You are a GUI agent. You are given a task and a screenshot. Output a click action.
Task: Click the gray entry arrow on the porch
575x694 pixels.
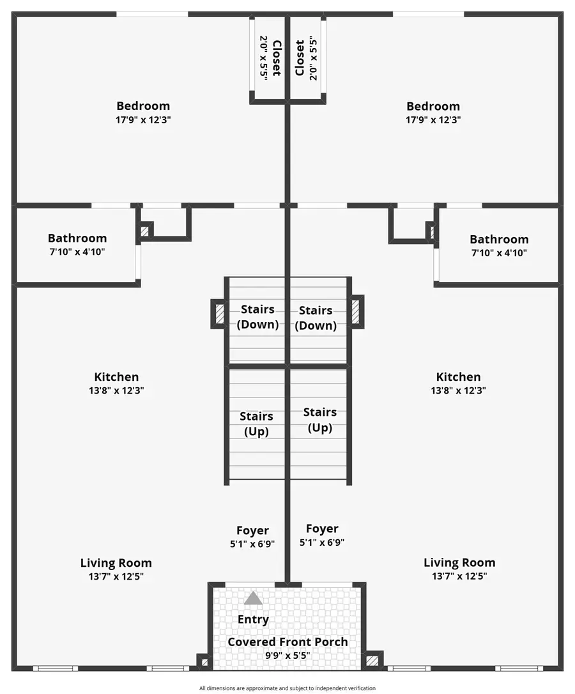(x=253, y=598)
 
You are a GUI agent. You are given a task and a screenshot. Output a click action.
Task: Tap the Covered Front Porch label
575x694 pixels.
(x=287, y=642)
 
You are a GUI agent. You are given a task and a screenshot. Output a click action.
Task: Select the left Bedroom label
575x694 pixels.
(x=143, y=106)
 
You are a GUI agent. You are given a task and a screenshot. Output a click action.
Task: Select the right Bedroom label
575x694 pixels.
(x=433, y=106)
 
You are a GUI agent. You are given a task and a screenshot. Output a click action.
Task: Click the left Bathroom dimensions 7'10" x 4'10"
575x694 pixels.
(x=77, y=252)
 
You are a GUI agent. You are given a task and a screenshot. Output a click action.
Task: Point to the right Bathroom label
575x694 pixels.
(x=499, y=239)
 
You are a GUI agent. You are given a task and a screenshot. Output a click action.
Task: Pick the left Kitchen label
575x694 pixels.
(x=116, y=377)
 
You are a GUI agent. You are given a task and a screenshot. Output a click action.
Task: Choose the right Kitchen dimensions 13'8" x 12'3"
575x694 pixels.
(x=458, y=390)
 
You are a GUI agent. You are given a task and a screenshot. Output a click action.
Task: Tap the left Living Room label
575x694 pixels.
(x=116, y=563)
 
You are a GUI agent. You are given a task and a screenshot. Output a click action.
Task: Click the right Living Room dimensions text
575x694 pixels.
(x=459, y=576)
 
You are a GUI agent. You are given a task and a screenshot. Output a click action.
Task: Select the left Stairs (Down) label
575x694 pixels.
(x=257, y=317)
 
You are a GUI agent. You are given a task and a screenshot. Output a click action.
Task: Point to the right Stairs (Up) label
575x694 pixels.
(x=320, y=420)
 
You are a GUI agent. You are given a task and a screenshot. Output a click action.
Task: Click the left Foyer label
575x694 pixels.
(x=252, y=530)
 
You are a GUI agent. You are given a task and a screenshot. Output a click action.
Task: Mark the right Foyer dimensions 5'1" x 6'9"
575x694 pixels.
(x=322, y=543)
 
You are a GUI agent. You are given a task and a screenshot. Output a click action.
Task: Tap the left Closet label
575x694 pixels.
(x=276, y=58)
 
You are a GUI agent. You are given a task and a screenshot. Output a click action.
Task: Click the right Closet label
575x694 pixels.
(x=299, y=58)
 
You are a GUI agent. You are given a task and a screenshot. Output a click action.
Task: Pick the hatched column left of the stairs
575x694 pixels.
(x=218, y=313)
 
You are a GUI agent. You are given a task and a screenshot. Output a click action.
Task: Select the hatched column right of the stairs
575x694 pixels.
(x=356, y=311)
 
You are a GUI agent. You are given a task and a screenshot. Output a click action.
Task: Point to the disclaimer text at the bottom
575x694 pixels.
(x=287, y=688)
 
